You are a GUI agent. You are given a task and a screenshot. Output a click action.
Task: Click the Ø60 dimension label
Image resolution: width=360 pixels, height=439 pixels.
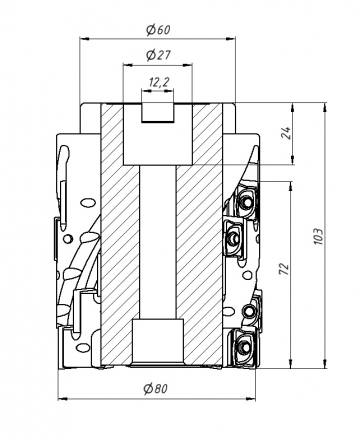(158, 30)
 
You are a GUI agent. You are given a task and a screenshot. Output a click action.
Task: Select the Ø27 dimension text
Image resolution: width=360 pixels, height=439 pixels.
(158, 55)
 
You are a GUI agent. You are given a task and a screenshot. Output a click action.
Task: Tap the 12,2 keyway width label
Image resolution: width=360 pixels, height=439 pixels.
(159, 82)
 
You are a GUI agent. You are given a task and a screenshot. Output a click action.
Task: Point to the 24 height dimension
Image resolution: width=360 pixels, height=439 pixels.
(287, 133)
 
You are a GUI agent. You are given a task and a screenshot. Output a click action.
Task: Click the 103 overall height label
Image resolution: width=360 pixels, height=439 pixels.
(319, 236)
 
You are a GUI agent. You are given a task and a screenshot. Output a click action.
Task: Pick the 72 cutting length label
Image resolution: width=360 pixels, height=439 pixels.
(283, 269)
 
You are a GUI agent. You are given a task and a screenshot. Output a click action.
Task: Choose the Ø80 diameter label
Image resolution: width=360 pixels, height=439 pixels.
(155, 388)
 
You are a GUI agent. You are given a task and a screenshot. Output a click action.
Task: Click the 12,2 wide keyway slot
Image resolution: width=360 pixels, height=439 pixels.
(157, 113)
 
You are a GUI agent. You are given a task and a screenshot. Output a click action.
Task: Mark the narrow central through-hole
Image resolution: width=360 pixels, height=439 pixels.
(158, 242)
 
